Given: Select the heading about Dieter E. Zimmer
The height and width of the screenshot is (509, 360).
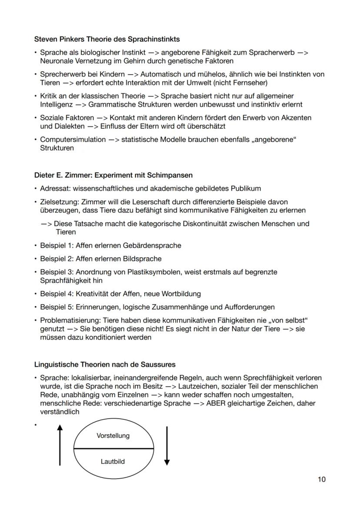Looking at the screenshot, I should coord(113,175).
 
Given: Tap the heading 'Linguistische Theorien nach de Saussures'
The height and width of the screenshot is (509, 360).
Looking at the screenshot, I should coord(105,364).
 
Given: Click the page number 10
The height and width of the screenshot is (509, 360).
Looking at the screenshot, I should coord(321,479).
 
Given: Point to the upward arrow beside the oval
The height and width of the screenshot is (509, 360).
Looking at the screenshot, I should coord(60,446).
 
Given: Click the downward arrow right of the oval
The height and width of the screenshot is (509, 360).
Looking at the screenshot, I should coord(167,446).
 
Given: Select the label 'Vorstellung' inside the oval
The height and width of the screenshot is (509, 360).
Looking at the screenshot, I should coord(113,436).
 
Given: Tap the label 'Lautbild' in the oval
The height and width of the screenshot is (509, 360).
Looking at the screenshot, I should coord(113,461).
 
